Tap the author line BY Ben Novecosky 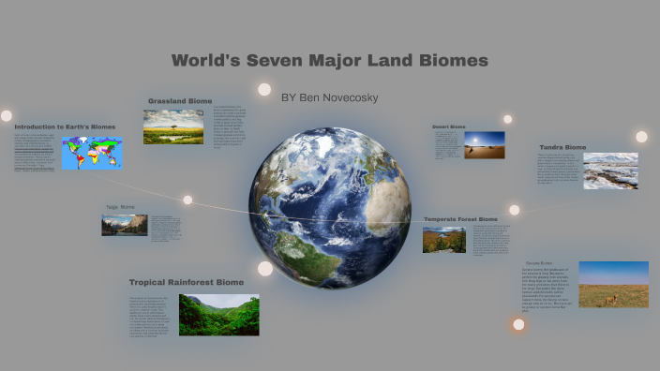331,96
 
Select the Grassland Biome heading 180,101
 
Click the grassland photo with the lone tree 173,127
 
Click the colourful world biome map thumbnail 92,153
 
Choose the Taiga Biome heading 121,207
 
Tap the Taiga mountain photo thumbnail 125,225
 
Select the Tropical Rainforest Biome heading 187,282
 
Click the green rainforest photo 218,315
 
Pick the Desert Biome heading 448,126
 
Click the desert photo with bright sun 484,144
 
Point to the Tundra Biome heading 562,147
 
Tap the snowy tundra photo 610,171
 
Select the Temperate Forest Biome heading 466,219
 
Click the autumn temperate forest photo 443,240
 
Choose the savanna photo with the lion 613,284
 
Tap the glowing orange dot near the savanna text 518,325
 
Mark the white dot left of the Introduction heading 7,116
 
